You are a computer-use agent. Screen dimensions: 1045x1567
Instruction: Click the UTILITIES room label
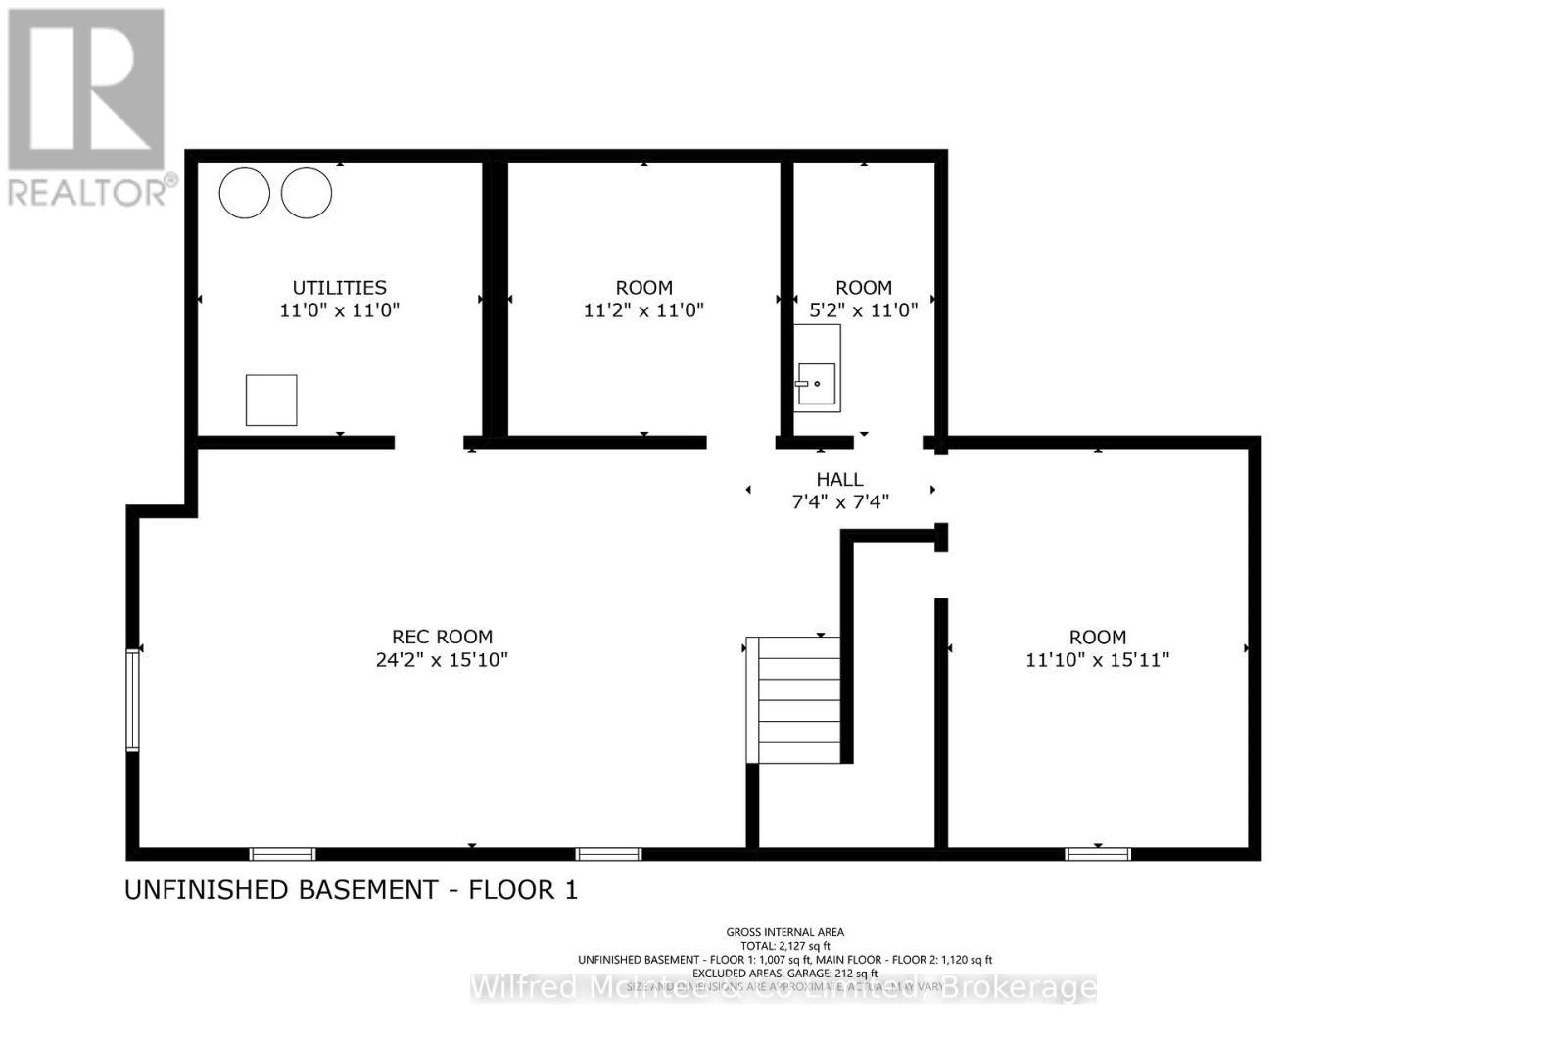point(339,287)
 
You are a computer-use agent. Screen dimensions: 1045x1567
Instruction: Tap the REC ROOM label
point(442,637)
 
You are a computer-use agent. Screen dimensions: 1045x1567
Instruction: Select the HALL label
point(839,479)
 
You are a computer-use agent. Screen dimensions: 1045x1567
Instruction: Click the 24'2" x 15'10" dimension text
point(442,660)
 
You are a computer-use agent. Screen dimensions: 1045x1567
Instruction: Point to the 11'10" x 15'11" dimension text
point(1097,660)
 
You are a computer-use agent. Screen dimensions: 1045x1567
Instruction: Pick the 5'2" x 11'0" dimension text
point(863,310)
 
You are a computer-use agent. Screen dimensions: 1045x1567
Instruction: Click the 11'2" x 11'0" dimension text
point(643,310)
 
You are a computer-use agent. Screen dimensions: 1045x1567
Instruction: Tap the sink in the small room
point(816,382)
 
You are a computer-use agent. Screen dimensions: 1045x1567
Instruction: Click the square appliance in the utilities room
point(271,400)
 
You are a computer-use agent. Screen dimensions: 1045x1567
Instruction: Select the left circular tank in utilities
point(244,193)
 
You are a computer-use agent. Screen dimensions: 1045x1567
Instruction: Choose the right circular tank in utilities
point(307,193)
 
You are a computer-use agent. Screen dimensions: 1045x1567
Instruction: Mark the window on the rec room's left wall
point(133,699)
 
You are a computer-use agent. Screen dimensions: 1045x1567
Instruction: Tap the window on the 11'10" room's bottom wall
point(1098,854)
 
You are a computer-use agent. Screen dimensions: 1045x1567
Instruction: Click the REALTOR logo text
point(91,191)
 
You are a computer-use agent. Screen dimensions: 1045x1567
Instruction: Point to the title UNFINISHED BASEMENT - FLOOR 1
point(351,890)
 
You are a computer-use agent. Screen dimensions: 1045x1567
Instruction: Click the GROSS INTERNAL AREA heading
point(784,932)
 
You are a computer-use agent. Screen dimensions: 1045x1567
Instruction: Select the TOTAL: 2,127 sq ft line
point(784,946)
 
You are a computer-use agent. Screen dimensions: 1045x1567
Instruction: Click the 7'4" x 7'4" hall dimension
point(839,502)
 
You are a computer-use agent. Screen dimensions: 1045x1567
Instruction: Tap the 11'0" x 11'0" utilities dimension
point(339,310)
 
